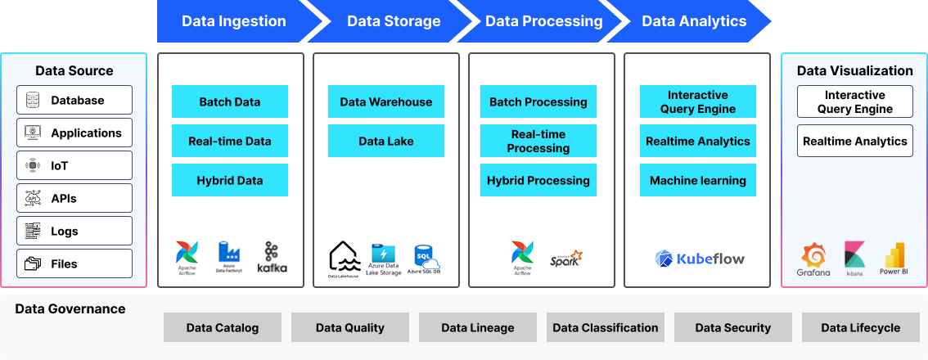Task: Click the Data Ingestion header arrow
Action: coord(234,21)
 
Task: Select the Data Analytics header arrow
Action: coord(694,21)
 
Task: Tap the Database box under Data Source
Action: coord(74,100)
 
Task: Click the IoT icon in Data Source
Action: coord(33,165)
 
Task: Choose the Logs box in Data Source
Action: coord(74,231)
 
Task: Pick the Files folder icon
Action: coord(33,263)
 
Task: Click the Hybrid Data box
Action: coord(230,180)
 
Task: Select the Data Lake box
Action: coord(386,141)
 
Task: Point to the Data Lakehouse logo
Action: coord(344,258)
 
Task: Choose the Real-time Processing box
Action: coord(538,141)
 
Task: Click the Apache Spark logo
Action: coord(566,259)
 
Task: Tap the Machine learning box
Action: coord(698,180)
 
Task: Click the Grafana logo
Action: coord(813,258)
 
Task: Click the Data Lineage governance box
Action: coord(478,327)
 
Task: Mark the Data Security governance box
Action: coord(733,327)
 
